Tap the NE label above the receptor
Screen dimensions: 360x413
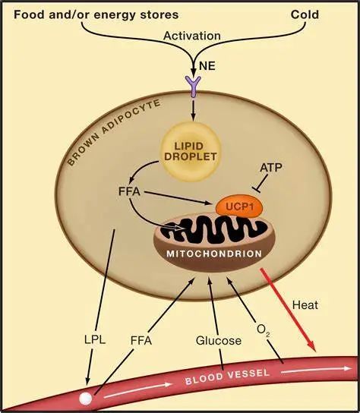(207, 65)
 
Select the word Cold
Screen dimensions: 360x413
(305, 14)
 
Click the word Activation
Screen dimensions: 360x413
(192, 36)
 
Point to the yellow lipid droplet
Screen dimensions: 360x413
(191, 151)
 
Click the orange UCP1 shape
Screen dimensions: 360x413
(239, 206)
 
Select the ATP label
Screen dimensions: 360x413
(271, 168)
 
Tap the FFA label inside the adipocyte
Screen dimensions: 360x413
(129, 191)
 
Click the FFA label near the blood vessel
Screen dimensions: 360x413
(141, 341)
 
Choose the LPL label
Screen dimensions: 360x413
(95, 340)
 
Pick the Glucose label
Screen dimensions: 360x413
(219, 341)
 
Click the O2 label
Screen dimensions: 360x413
(263, 329)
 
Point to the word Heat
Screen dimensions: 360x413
(305, 305)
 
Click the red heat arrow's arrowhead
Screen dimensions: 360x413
(311, 346)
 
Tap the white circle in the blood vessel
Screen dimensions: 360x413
(86, 398)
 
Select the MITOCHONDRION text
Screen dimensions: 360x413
(214, 254)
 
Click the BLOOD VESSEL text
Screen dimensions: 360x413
(227, 376)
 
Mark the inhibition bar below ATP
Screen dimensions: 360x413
(257, 190)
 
